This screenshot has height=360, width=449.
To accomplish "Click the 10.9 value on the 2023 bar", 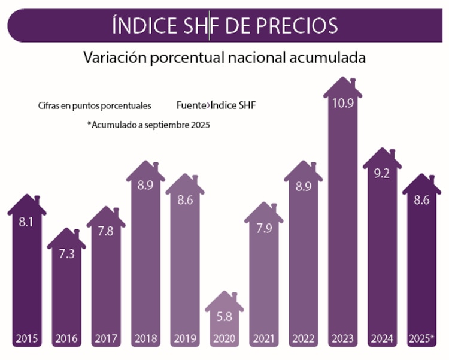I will tap(343, 102).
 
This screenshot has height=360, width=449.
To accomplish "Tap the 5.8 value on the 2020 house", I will tap(224, 316).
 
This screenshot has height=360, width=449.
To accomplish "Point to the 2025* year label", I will tap(421, 338).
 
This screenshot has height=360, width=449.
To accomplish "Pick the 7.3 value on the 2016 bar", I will tap(66, 253).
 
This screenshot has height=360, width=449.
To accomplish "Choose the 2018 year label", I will tap(145, 339).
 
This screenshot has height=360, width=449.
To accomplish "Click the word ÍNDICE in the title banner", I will tap(141, 26).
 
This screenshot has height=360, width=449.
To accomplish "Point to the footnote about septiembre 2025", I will tap(150, 125).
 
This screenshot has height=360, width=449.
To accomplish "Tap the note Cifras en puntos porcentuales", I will tap(94, 106).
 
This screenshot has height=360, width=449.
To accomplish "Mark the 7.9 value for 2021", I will tap(264, 228).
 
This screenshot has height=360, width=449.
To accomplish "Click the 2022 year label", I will tap(303, 339).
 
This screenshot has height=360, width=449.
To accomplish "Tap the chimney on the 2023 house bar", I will tap(353, 81).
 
